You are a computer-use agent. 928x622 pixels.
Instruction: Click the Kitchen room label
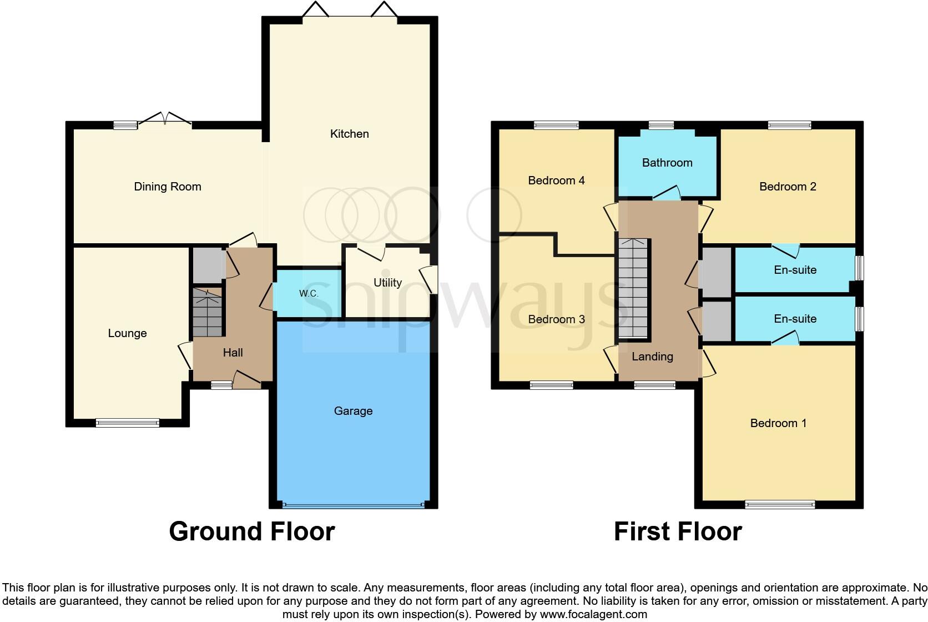point(349,134)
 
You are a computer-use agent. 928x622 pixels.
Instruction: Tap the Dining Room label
point(167,187)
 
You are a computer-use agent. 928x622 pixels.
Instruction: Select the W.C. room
point(309,293)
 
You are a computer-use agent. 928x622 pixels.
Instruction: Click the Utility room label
point(387,283)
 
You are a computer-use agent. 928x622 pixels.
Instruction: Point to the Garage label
point(353,411)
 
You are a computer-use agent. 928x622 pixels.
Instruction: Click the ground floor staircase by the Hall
point(208,313)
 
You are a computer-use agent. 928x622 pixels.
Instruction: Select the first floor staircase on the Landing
point(633,288)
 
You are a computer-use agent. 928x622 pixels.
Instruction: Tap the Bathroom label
point(667,163)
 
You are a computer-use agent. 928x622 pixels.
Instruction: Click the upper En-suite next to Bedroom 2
point(795,270)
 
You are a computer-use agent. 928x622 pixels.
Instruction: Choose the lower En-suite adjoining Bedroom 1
point(795,319)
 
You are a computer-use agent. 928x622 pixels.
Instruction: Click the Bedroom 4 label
point(556,180)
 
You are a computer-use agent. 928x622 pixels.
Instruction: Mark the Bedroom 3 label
point(556,319)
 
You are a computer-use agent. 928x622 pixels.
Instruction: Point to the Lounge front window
point(128,423)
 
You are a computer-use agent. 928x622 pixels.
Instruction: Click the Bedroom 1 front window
point(780,504)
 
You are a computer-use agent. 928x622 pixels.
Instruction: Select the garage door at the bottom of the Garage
point(353,505)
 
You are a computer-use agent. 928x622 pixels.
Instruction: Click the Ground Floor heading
point(251,531)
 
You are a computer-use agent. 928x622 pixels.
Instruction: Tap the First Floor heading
point(677,531)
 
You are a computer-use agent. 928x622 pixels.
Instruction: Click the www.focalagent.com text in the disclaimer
point(593,614)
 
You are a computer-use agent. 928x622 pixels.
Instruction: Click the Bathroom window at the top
point(661,125)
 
